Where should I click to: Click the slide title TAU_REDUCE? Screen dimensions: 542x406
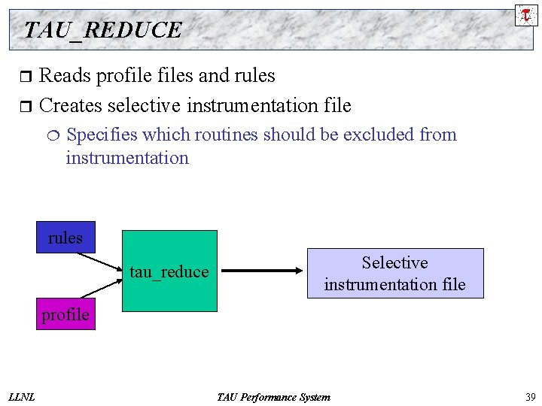(x=103, y=30)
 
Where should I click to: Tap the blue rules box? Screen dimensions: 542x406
(x=65, y=238)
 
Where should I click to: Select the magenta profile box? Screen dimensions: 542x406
(x=65, y=314)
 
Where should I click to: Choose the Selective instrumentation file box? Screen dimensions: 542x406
(x=394, y=273)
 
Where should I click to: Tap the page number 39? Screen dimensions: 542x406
(x=529, y=397)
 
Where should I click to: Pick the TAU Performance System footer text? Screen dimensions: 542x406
(x=273, y=397)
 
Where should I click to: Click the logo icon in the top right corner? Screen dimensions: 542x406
(x=525, y=14)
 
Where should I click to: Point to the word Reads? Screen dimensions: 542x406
(x=63, y=76)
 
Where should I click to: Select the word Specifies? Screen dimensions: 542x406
(x=102, y=135)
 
